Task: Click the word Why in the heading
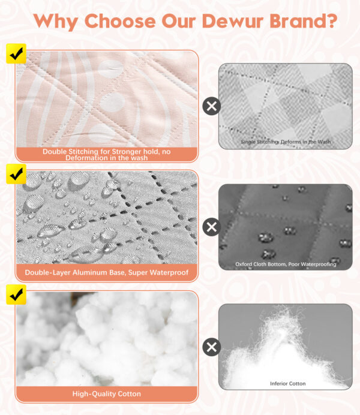tap(56, 22)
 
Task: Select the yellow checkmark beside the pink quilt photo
tap(16, 54)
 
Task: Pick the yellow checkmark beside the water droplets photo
tap(16, 174)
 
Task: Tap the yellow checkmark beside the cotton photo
tap(16, 294)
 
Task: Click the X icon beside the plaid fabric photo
tap(211, 106)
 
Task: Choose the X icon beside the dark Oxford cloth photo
tap(211, 227)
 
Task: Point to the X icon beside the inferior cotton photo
tap(211, 347)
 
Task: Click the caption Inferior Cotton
tap(288, 383)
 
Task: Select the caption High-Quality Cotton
tap(107, 394)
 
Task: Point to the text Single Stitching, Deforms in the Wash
tap(286, 142)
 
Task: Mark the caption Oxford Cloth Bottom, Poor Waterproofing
tap(286, 264)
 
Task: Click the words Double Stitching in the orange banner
tap(70, 152)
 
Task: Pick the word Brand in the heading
tap(298, 20)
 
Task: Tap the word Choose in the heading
tap(120, 20)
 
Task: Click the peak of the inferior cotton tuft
tap(284, 308)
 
